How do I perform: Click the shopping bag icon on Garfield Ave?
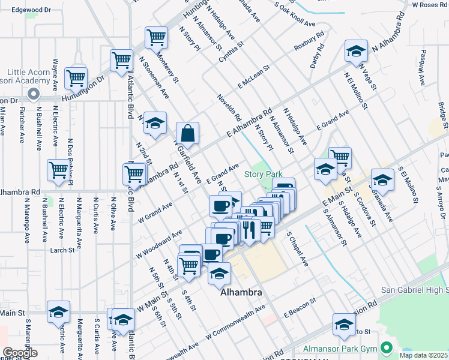(x=187, y=133)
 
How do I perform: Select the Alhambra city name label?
(x=241, y=293)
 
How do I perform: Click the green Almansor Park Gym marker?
(x=388, y=347)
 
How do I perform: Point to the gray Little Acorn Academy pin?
(x=33, y=94)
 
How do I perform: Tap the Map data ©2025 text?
(x=423, y=355)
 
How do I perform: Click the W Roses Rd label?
(x=430, y=5)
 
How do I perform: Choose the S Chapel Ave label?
(x=297, y=250)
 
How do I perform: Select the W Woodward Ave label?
(x=160, y=241)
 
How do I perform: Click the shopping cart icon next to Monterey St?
(x=156, y=37)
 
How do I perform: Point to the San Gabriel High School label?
(x=414, y=290)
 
